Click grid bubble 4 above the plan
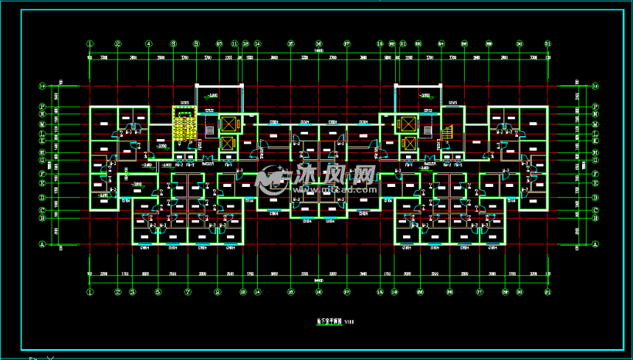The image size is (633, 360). [149, 44]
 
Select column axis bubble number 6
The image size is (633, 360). [174, 44]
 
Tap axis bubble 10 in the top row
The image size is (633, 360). [219, 44]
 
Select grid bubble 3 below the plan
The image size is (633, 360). [133, 292]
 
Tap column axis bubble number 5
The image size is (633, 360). [158, 292]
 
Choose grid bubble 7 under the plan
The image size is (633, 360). [188, 292]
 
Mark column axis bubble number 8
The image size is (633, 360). [218, 292]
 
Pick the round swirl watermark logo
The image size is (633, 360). [271, 178]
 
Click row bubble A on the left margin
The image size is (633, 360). [41, 243]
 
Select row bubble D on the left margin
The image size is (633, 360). [41, 197]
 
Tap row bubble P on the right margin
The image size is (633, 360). [596, 106]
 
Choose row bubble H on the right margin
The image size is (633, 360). [596, 151]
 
